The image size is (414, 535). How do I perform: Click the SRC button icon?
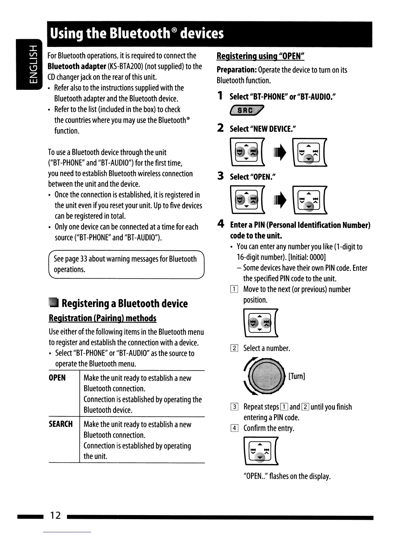[247, 111]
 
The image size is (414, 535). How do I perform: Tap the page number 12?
[55, 515]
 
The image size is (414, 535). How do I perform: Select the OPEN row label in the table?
[57, 378]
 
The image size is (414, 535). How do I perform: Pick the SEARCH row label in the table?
[61, 424]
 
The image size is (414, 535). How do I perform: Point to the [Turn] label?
[297, 376]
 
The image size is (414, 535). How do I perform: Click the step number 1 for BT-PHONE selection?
[220, 96]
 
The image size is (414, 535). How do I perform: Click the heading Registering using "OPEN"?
[261, 56]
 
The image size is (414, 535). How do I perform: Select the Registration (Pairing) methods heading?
[102, 318]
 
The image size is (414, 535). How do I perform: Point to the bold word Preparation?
[236, 70]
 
